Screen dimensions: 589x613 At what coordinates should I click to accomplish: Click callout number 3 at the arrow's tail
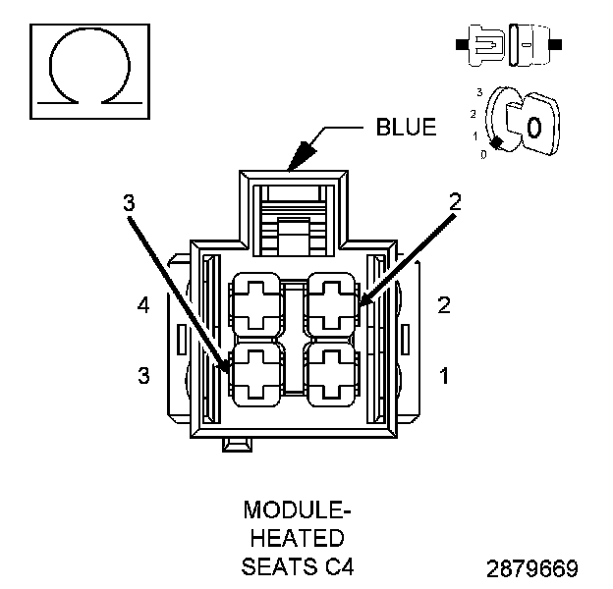coord(129,203)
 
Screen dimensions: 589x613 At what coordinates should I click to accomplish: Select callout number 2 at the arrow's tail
coord(455,203)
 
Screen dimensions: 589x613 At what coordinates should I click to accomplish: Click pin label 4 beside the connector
coord(144,305)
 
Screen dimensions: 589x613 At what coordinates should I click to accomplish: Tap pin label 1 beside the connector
coord(444,374)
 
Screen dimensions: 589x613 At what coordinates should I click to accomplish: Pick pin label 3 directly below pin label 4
coord(144,374)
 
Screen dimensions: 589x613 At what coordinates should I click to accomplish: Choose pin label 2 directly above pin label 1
coord(444,305)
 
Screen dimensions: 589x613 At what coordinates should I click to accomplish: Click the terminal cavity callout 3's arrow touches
coord(258,374)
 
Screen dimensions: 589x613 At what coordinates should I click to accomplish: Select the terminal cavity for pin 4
coord(258,304)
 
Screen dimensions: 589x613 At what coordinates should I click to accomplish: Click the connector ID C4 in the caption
coord(337,566)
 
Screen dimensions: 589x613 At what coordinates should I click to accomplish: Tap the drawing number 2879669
coord(531,568)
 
